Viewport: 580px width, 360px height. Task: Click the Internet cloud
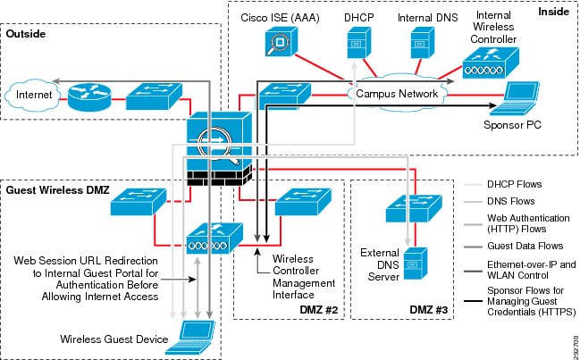click(32, 95)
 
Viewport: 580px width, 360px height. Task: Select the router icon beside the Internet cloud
click(89, 96)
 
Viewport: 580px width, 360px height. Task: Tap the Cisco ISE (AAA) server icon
click(281, 42)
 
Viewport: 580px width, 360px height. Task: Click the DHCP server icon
click(358, 43)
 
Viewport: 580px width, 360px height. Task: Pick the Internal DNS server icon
click(422, 43)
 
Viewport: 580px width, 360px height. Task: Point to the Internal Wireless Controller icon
click(491, 63)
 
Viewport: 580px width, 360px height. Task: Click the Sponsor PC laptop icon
click(515, 97)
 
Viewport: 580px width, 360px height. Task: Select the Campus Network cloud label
click(397, 94)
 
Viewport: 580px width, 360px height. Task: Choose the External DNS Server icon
click(415, 264)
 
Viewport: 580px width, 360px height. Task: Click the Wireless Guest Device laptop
click(190, 338)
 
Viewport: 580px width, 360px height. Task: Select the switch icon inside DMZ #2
click(303, 202)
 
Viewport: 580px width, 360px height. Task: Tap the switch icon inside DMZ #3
click(414, 208)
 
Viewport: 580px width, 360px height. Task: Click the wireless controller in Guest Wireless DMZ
click(214, 239)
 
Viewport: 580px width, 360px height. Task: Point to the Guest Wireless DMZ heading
click(58, 190)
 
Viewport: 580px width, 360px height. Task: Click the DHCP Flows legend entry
click(514, 184)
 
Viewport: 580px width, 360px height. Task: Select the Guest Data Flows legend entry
click(525, 246)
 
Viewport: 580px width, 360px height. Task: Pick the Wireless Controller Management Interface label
click(304, 276)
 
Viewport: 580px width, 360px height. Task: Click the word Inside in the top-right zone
click(553, 12)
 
